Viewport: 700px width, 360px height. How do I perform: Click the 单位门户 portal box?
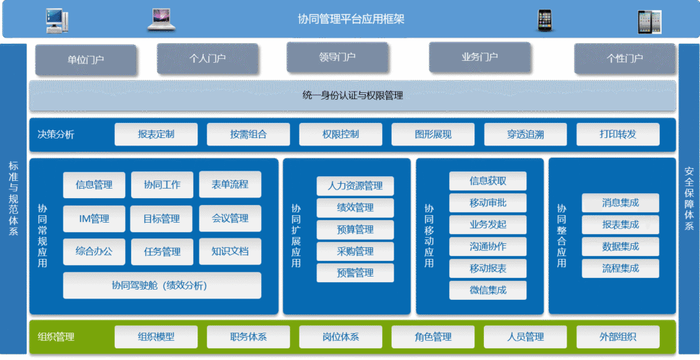pyautogui.click(x=85, y=59)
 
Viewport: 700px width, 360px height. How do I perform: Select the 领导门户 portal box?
pyautogui.click(x=337, y=57)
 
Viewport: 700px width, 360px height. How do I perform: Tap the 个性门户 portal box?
pyautogui.click(x=625, y=58)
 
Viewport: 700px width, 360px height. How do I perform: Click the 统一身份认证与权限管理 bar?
pyautogui.click(x=352, y=96)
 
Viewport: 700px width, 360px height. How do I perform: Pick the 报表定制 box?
pyautogui.click(x=156, y=134)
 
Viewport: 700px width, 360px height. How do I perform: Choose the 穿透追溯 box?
pyautogui.click(x=526, y=134)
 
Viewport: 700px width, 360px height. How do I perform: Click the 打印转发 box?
pyautogui.click(x=618, y=134)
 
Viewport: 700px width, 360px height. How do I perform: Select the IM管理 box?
pyautogui.click(x=94, y=219)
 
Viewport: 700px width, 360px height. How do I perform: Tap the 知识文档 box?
pyautogui.click(x=230, y=251)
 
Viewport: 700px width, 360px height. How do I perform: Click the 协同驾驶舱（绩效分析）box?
pyautogui.click(x=162, y=285)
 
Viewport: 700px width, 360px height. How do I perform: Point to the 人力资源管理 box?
pyautogui.click(x=355, y=186)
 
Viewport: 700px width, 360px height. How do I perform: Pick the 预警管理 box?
pyautogui.click(x=355, y=273)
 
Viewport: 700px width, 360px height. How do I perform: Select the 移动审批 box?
pyautogui.click(x=487, y=203)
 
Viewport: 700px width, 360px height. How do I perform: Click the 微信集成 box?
pyautogui.click(x=487, y=290)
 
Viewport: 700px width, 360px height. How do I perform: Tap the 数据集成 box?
pyautogui.click(x=620, y=247)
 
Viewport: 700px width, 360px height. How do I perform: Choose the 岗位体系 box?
pyautogui.click(x=340, y=336)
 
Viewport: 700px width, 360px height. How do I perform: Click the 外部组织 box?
pyautogui.click(x=618, y=336)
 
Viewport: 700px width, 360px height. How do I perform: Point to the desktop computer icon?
pyautogui.click(x=56, y=20)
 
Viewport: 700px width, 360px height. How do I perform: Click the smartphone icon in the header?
pyautogui.click(x=544, y=20)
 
